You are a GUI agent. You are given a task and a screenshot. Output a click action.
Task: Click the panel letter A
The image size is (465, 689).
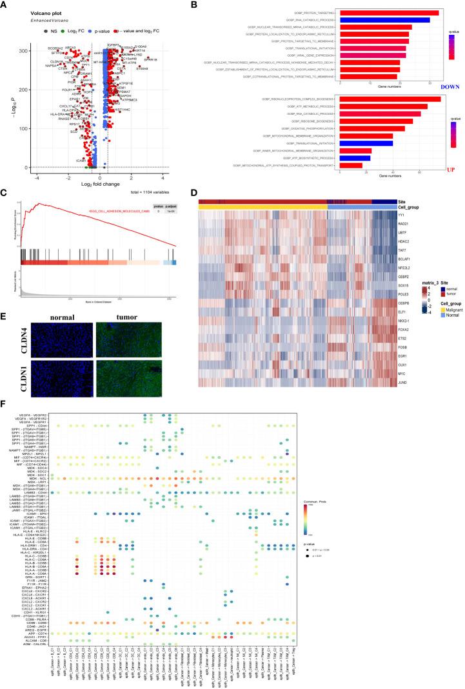pos(5,5)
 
